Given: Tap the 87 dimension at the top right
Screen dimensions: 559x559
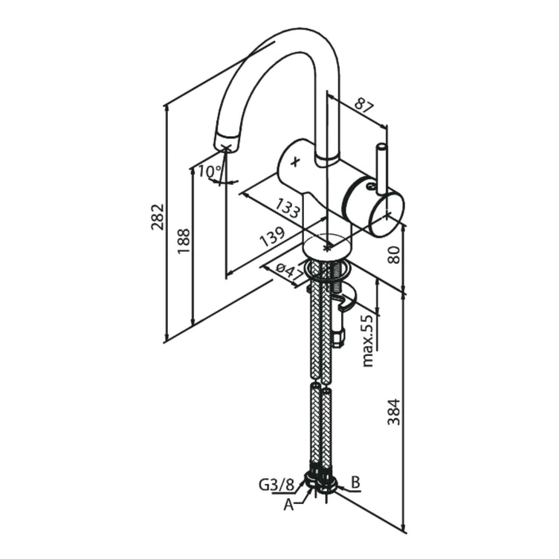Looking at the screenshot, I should point(363,104).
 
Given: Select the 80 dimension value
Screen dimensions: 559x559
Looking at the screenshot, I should point(395,254).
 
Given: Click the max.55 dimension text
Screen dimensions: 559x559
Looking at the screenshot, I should point(366,340).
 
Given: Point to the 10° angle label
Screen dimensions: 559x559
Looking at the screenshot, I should point(210,172).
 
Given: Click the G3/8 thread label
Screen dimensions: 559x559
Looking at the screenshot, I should point(275,485).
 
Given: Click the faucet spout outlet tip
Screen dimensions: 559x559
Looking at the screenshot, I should point(226,143).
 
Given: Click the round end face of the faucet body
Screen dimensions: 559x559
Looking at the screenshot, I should point(385,213).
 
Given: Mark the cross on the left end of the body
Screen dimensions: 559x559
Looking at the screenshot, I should point(295,160).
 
